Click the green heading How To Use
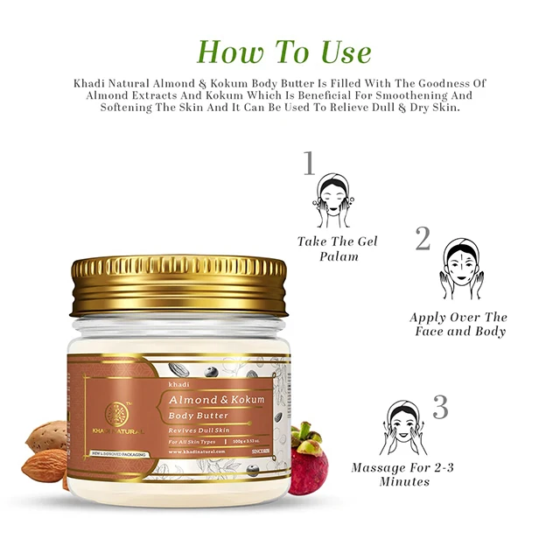point(285,51)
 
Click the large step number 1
point(308,164)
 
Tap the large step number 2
point(423,238)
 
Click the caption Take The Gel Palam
point(337,248)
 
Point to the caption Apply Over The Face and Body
point(458,324)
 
